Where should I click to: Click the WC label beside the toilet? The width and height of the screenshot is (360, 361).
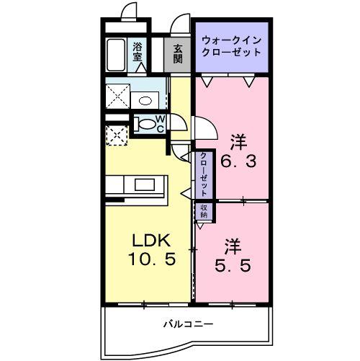coord(160,123)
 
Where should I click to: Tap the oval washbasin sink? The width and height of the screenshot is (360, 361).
coord(146,99)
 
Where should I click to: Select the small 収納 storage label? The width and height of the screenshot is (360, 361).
coord(203,211)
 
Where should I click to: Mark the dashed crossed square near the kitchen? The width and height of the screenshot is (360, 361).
coord(115,134)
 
